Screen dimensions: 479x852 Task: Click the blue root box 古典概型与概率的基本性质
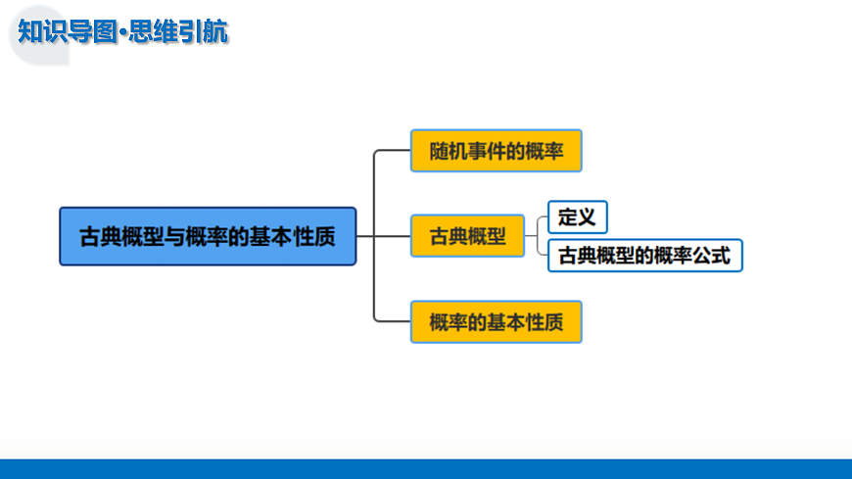click(208, 236)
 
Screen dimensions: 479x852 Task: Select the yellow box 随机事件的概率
click(496, 151)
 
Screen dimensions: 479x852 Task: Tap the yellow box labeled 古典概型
click(468, 236)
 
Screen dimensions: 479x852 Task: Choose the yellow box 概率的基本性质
click(496, 321)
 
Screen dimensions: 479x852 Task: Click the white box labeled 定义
click(578, 216)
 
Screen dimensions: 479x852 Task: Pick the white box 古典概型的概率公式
click(643, 256)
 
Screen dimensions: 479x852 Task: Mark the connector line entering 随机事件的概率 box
click(392, 151)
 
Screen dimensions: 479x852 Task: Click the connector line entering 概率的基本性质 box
click(392, 321)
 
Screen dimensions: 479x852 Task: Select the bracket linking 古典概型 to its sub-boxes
click(539, 236)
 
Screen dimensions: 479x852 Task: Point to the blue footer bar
click(426, 468)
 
